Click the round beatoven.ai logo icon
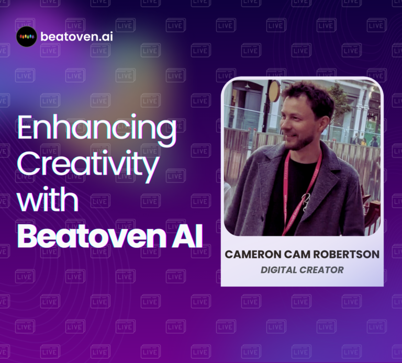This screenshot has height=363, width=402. [27, 37]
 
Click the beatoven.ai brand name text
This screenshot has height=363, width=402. [76, 37]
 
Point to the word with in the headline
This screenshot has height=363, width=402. [48, 199]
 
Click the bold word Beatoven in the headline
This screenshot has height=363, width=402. [92, 236]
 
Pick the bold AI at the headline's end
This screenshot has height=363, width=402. [187, 236]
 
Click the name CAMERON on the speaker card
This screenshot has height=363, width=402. [253, 254]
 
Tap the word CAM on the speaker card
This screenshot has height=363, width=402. [297, 254]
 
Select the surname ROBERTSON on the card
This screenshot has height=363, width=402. [347, 254]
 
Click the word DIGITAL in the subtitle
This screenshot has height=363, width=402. [278, 270]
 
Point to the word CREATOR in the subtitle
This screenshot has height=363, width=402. [322, 270]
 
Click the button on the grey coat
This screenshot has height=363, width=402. [263, 218]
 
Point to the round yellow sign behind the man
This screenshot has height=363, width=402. [275, 91]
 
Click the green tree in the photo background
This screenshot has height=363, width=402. [339, 103]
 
